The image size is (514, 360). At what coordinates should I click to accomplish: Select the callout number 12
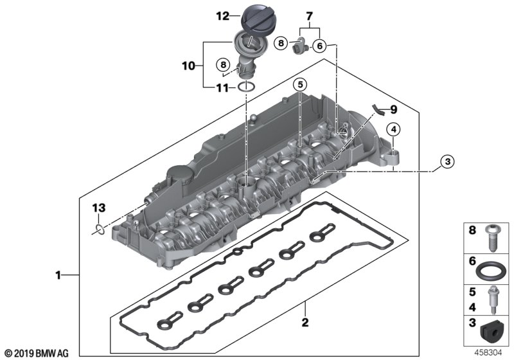[x=222, y=16]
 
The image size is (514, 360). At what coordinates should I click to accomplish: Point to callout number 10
[x=187, y=65]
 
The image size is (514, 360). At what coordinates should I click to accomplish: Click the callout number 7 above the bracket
[x=308, y=15]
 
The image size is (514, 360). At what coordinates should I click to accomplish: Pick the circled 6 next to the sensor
[x=320, y=44]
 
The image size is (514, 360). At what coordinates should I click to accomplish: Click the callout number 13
[x=97, y=208]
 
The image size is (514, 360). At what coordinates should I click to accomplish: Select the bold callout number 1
[x=59, y=276]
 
